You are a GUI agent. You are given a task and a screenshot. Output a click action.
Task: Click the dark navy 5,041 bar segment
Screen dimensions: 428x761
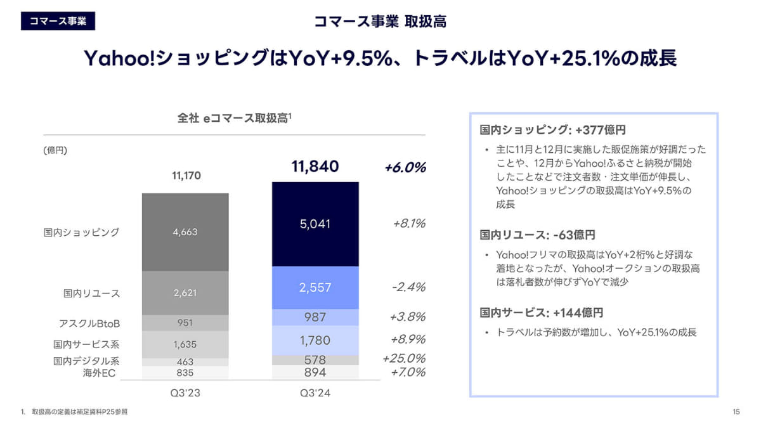[315, 224]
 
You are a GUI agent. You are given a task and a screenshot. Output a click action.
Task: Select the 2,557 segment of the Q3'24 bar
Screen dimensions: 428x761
[315, 287]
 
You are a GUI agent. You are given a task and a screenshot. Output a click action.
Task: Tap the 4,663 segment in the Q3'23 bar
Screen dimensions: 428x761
[185, 232]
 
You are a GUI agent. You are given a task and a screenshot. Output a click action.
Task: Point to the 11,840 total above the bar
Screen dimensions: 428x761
[315, 167]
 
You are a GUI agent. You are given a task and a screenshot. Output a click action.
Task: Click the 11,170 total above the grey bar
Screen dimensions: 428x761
[185, 175]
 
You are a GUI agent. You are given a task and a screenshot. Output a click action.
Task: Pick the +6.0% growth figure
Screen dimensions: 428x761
[405, 167]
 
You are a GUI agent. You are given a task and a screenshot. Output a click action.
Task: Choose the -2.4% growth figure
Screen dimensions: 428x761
[408, 287]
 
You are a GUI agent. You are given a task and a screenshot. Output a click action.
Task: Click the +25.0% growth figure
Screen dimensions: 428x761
[404, 358]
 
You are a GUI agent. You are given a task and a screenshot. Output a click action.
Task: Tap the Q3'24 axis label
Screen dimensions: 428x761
[315, 393]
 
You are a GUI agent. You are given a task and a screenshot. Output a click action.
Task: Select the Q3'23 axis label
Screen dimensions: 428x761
[185, 393]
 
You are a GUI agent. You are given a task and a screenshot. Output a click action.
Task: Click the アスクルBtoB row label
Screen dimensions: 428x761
[89, 323]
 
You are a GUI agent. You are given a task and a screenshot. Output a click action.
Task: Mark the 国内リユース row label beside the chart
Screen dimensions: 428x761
[92, 294]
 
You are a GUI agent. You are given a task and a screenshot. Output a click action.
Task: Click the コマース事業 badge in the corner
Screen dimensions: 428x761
[58, 20]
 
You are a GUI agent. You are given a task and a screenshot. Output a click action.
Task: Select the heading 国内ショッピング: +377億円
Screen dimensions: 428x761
[553, 130]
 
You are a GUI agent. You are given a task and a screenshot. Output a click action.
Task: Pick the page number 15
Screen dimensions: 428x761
[736, 412]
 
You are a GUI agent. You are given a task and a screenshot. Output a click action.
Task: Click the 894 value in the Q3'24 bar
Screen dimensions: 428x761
[315, 372]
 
